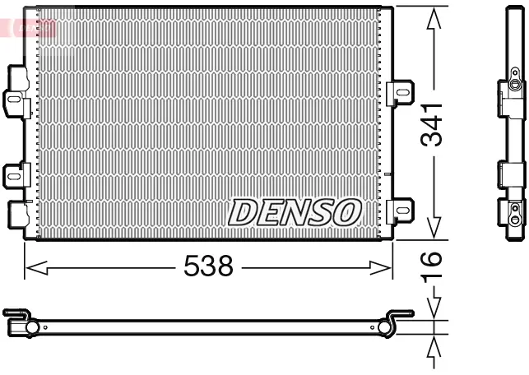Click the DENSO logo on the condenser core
click(x=295, y=212)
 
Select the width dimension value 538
click(x=209, y=266)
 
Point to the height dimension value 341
click(x=433, y=124)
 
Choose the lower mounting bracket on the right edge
click(x=400, y=210)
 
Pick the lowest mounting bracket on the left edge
click(x=16, y=214)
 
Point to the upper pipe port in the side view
click(x=513, y=86)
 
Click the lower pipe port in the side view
click(x=514, y=219)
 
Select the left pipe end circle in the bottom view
click(x=32, y=328)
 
